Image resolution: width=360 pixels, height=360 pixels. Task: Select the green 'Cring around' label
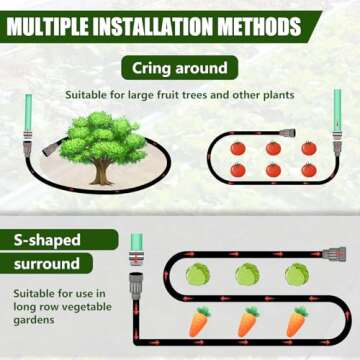[179, 68]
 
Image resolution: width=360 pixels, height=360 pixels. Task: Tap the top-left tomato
[238, 148]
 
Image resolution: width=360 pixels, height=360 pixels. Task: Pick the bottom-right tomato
[309, 171]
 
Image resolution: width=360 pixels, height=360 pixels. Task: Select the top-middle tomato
[273, 148]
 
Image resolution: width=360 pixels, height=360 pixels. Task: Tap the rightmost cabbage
[296, 274]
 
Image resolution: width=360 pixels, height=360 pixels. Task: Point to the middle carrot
[247, 322]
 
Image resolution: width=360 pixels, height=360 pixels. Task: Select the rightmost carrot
[296, 322]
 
